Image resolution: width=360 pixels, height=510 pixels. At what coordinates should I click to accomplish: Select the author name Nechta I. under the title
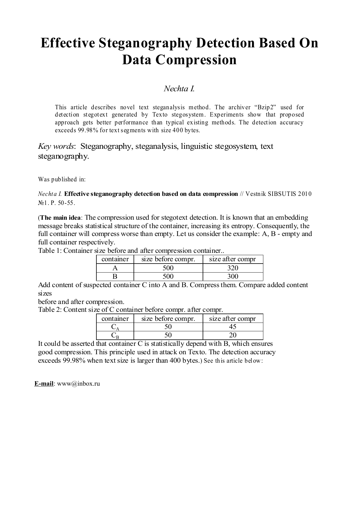[x=179, y=89]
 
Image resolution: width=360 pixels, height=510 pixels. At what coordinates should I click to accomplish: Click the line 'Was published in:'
[x=62, y=179]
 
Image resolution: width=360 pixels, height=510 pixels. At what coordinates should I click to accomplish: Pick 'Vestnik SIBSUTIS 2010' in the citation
[x=278, y=194]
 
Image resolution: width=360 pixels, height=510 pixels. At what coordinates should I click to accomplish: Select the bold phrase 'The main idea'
[x=61, y=218]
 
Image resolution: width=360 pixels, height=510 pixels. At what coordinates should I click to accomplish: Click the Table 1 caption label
[x=49, y=250]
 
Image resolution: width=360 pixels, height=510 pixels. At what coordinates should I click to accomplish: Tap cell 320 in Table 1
[x=233, y=268]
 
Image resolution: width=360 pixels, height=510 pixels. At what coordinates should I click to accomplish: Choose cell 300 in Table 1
[x=233, y=276]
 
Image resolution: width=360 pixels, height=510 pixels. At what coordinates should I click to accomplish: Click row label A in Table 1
[x=115, y=268]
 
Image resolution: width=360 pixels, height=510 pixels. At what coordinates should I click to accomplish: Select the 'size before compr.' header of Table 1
[x=168, y=259]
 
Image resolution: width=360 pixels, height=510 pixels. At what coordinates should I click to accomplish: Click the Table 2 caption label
[x=49, y=309]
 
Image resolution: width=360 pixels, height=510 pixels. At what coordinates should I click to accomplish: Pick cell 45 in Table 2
[x=233, y=327]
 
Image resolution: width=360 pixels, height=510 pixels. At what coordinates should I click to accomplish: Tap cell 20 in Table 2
[x=233, y=335]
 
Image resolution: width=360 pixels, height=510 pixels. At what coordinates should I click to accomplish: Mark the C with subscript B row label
[x=115, y=335]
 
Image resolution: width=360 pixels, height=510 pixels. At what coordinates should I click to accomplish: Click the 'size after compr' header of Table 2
[x=233, y=318]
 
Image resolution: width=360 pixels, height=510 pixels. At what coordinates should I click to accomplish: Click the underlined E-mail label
[x=44, y=383]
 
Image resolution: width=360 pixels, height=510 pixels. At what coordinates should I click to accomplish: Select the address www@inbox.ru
[x=78, y=383]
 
